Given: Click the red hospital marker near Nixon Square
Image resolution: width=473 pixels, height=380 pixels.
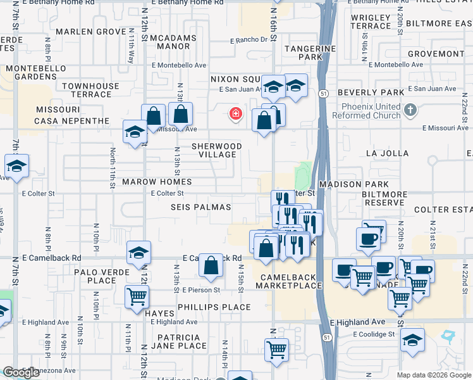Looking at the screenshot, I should [x=236, y=114].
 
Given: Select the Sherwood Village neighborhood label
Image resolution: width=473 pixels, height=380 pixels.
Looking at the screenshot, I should [x=217, y=150].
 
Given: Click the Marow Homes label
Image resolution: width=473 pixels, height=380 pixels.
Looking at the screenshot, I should [x=157, y=182].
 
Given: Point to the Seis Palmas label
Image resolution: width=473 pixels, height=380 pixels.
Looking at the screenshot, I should [x=200, y=207].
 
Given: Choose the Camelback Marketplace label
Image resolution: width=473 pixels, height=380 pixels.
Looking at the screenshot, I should [x=289, y=281].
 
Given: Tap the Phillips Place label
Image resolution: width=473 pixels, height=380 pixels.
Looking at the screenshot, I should [x=214, y=307].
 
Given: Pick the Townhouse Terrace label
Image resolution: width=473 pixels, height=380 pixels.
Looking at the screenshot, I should [x=91, y=90].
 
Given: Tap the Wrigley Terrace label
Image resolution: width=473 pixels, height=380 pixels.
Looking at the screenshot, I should [x=371, y=22].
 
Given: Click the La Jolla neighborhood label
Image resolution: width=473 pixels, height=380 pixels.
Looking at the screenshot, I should [x=387, y=153].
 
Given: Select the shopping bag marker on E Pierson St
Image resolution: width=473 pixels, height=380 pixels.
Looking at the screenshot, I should [x=211, y=267].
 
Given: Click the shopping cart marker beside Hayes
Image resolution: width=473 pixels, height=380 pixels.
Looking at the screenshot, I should [x=137, y=298].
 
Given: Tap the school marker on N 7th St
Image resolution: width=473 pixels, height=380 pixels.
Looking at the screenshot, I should [x=17, y=168].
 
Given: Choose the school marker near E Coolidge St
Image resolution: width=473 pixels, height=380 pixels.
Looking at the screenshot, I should [x=412, y=341].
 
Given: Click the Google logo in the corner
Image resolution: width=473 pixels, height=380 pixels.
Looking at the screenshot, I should [x=21, y=372].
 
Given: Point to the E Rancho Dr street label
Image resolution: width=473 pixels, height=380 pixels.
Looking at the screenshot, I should [x=250, y=40].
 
